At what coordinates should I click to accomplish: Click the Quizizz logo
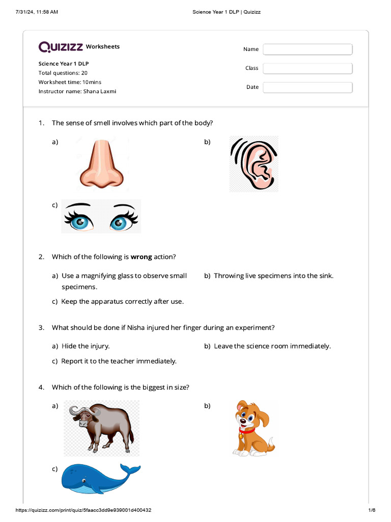click(x=61, y=47)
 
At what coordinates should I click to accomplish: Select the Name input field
click(x=308, y=49)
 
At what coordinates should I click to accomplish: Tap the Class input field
click(x=308, y=68)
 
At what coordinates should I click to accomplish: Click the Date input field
click(x=308, y=87)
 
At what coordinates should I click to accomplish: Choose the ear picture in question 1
click(x=254, y=164)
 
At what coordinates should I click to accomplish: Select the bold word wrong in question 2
click(x=141, y=257)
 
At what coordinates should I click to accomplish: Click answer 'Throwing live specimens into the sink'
click(x=273, y=276)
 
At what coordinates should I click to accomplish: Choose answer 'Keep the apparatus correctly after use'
click(x=122, y=301)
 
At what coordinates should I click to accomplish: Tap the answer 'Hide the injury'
click(x=85, y=346)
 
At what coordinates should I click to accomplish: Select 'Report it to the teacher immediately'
click(x=119, y=361)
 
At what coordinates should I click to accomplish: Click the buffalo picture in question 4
click(x=101, y=427)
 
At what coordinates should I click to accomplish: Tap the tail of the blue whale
click(x=130, y=469)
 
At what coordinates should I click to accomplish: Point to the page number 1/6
click(x=372, y=510)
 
